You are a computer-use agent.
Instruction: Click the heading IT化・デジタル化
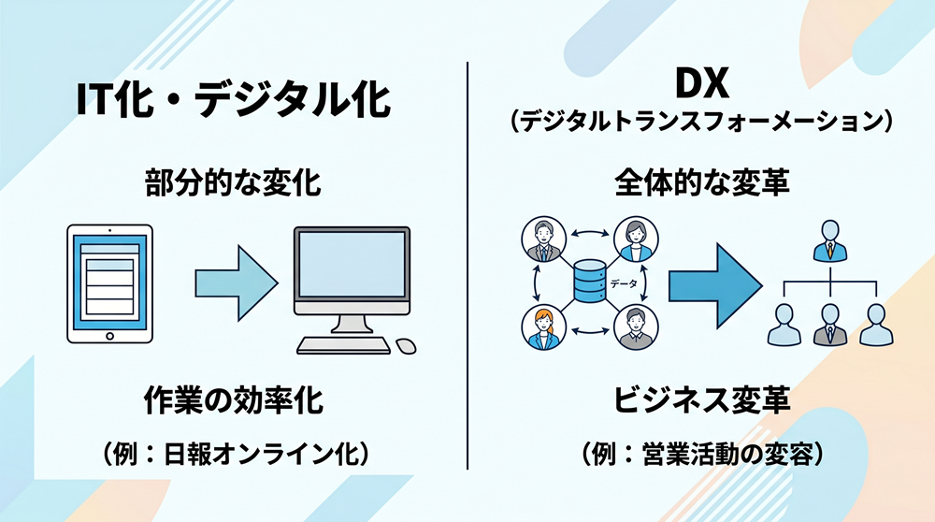tap(233, 99)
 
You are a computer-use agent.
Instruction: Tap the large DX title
tap(702, 85)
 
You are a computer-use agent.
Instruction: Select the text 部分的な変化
tap(233, 182)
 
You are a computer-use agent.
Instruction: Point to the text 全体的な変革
tap(702, 182)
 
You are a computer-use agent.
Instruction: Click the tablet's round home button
tap(109, 336)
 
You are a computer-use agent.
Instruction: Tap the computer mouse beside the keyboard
tap(406, 345)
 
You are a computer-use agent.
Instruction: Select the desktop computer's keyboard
tap(343, 345)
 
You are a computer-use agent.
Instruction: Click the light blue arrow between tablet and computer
tap(237, 283)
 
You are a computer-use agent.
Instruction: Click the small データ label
tap(623, 284)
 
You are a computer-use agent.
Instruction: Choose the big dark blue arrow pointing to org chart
tap(714, 285)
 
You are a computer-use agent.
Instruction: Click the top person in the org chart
tap(830, 240)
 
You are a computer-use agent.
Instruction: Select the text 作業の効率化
tap(233, 400)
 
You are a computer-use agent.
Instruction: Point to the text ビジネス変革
tap(702, 400)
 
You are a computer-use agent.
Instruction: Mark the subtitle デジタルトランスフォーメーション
tap(702, 122)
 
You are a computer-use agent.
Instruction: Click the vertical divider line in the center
tap(467, 266)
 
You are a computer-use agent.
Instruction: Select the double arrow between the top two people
tap(590, 233)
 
